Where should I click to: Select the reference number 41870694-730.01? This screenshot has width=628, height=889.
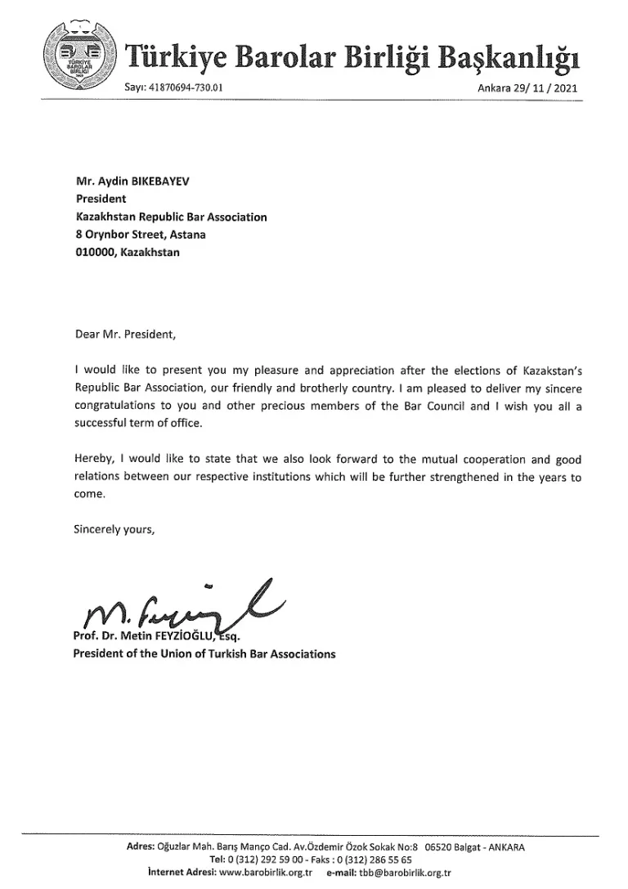coord(187,88)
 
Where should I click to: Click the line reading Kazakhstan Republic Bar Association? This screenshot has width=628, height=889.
coord(171,218)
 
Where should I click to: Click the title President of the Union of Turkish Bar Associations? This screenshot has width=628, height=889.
coord(204,654)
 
